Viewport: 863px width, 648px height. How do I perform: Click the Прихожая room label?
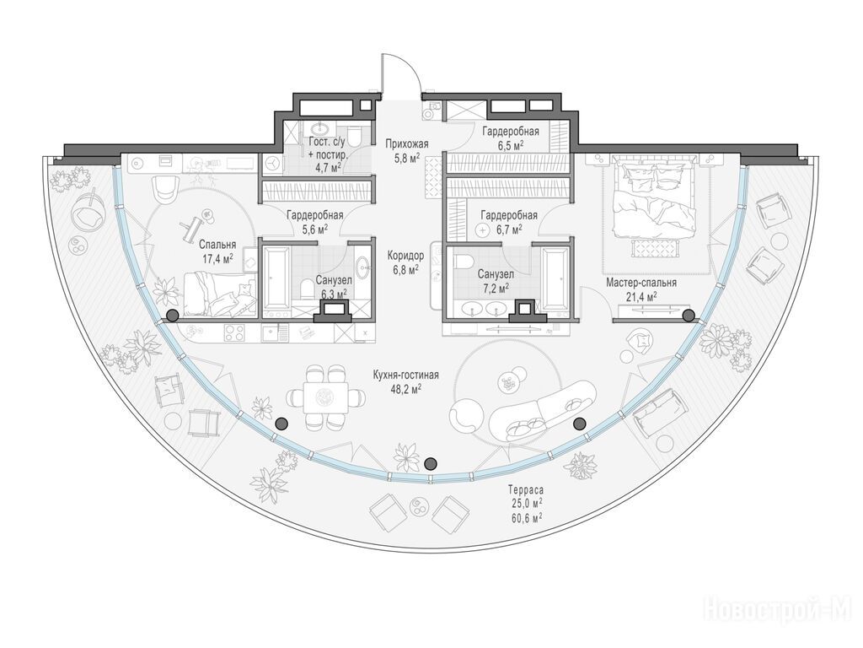point(407,144)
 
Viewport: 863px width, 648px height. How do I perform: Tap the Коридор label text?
point(405,256)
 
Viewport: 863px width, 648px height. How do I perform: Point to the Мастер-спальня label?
point(641,283)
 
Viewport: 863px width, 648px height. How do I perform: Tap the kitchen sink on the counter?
point(272,332)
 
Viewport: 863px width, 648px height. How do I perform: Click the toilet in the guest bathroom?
point(355,135)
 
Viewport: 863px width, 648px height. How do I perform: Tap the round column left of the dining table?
point(281,424)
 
